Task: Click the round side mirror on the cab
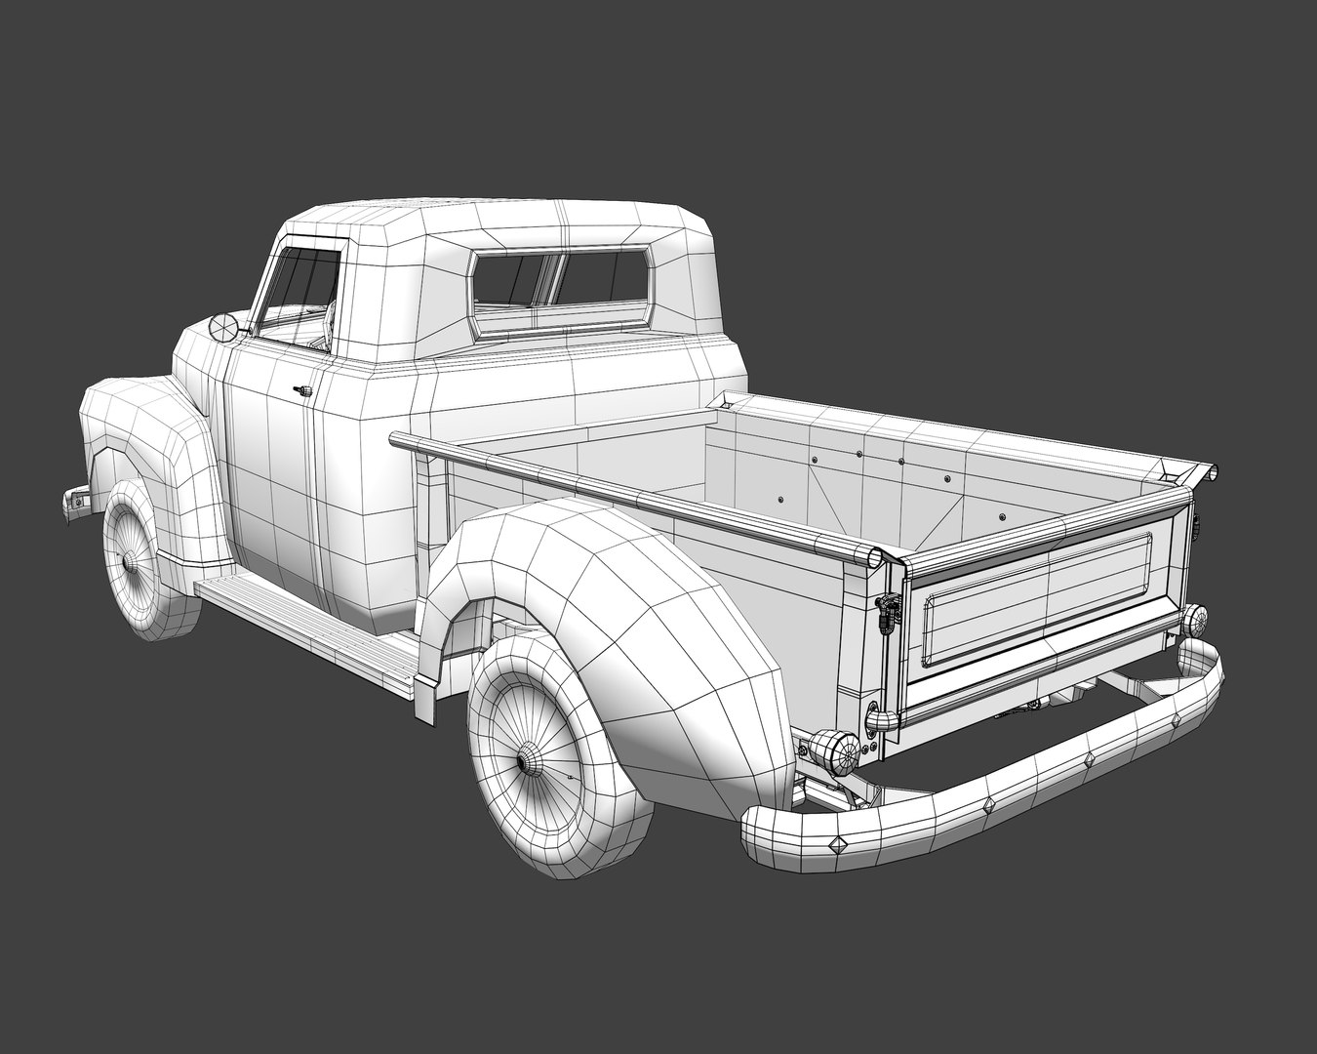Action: coord(223,328)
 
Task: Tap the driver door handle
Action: coord(302,390)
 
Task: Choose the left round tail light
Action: coord(835,750)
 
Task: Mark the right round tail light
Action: coord(1194,619)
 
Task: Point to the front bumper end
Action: coord(74,501)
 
